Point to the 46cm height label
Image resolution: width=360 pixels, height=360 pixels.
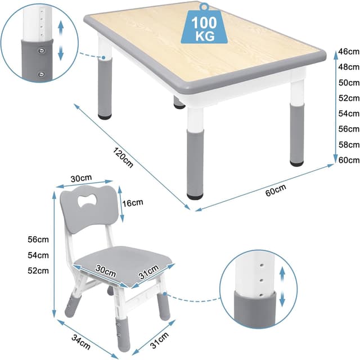pos(345,52)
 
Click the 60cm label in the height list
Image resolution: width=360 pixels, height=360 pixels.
pos(345,160)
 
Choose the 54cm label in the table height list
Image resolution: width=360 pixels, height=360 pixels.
pos(345,114)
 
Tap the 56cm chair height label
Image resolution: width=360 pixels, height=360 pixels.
pos(38,238)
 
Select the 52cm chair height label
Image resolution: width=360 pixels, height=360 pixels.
pos(38,271)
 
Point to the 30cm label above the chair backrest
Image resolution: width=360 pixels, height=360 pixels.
pos(81,178)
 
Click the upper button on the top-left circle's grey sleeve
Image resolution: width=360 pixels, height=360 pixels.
pos(39,51)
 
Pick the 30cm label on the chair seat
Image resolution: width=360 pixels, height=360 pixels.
pos(107,271)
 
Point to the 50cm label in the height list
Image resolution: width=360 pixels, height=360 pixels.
pos(345,83)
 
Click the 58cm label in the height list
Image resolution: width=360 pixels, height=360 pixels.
pos(345,145)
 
